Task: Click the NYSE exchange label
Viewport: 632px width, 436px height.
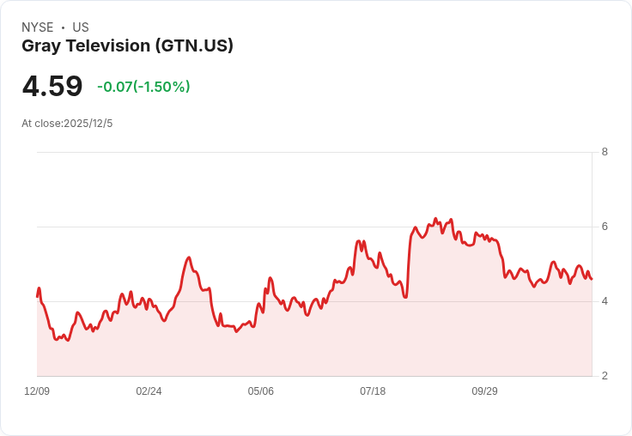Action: tap(37, 27)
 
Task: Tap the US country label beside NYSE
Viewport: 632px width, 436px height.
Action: tap(81, 27)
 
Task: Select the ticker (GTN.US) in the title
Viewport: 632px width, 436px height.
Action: tap(195, 46)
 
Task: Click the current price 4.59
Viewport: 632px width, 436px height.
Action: tap(52, 87)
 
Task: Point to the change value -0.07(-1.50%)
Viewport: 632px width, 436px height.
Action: tap(143, 87)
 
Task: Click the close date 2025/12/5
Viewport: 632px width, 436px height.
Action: tap(88, 124)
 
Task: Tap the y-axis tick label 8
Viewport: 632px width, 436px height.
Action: tap(605, 152)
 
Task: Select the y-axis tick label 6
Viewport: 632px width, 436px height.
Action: tap(605, 227)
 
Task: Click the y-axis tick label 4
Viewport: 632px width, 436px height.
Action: tap(605, 301)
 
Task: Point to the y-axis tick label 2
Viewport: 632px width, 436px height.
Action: tap(605, 376)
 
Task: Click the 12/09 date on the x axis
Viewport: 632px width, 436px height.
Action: tap(37, 391)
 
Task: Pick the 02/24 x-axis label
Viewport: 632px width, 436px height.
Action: tap(149, 391)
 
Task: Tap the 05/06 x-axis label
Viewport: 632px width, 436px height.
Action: tap(261, 391)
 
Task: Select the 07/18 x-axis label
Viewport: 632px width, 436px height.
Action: tap(373, 391)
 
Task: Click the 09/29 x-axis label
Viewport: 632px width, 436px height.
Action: tap(484, 391)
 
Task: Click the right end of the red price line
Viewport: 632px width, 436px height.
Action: tap(592, 278)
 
